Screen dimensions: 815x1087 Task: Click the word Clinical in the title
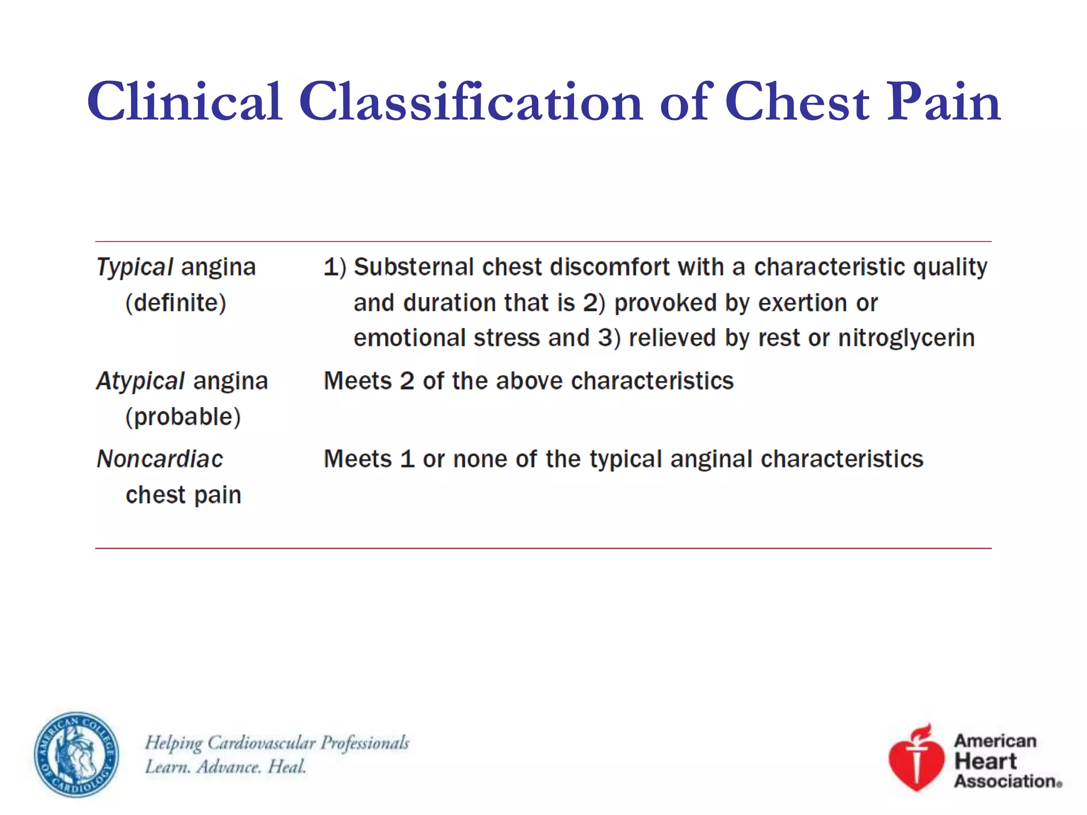tap(184, 102)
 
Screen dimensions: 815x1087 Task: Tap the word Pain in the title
tap(943, 102)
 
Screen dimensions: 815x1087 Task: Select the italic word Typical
tap(135, 267)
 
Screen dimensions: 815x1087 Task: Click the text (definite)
tap(176, 303)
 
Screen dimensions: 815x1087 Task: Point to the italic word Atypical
tap(141, 381)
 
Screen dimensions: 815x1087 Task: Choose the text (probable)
tap(183, 417)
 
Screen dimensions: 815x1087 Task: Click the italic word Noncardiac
tap(160, 459)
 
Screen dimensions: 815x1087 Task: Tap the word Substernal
tap(413, 267)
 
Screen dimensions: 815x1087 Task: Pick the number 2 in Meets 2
tap(407, 381)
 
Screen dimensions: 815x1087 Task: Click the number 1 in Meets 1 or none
tap(407, 459)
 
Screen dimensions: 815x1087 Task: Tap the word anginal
tap(711, 459)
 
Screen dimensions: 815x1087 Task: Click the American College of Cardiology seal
tap(76, 755)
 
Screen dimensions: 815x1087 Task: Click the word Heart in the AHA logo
tap(985, 761)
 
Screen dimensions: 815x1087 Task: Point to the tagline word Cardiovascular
tap(262, 742)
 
